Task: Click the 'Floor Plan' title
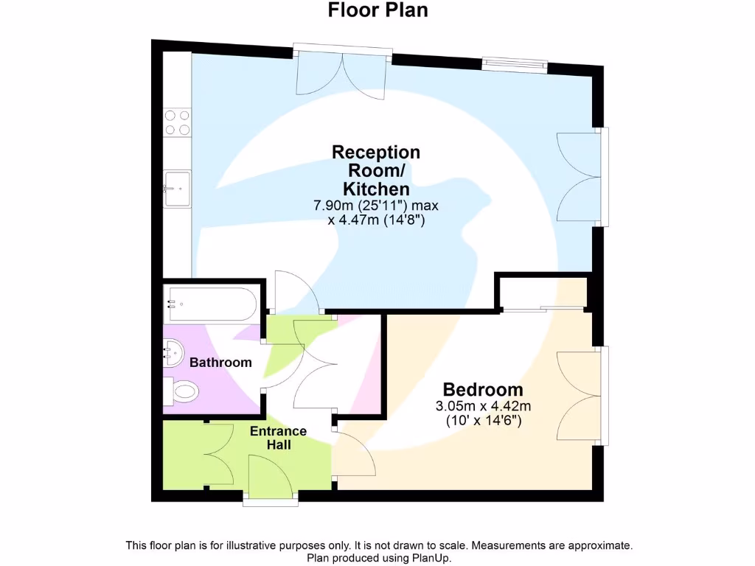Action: (x=377, y=10)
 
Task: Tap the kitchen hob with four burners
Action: (x=177, y=122)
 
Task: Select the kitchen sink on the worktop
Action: (x=177, y=188)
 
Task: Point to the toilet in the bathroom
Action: (x=181, y=390)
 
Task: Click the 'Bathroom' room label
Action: (x=220, y=363)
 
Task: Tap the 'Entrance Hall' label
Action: (x=278, y=438)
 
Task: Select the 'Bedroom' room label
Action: (x=483, y=390)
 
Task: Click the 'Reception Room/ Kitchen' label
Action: (x=376, y=170)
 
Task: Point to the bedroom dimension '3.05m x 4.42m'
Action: (x=483, y=406)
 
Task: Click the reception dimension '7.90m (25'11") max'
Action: (x=376, y=206)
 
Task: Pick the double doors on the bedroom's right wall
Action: (x=579, y=395)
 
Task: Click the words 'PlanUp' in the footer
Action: (x=429, y=559)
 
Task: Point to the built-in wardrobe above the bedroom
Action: (x=543, y=293)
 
